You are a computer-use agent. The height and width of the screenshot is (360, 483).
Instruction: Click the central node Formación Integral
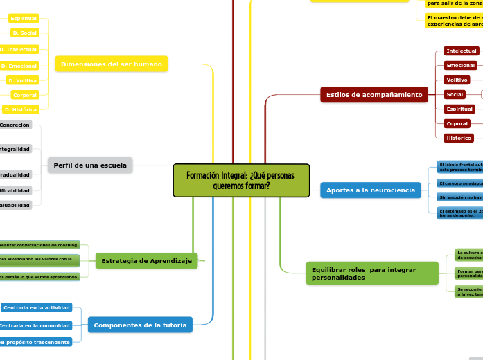241,180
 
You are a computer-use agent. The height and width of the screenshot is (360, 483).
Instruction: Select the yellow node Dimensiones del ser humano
111,64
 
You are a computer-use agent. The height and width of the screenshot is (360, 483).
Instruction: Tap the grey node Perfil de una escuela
90,165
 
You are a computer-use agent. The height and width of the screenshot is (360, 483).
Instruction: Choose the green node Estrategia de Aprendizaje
146,260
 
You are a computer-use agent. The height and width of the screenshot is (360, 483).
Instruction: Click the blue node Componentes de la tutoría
140,325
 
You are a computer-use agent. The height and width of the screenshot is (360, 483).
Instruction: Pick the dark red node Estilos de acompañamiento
374,94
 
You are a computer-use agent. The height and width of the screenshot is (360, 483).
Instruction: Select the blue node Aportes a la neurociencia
370,190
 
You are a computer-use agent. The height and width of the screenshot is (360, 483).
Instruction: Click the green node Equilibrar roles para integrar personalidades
371,273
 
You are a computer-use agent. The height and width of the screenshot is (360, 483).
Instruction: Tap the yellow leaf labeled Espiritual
24,18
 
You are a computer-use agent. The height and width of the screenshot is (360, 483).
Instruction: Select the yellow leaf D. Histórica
21,109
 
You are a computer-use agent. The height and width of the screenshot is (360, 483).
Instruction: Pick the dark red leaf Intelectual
462,51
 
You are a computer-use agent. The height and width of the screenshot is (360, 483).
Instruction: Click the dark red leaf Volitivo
457,80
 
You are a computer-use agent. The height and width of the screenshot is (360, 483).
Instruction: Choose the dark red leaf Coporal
457,123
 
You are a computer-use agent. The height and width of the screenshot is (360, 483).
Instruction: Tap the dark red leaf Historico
458,138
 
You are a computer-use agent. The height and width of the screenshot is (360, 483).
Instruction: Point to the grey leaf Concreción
16,125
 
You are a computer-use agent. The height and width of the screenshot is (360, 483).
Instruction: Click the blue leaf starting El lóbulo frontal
459,167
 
